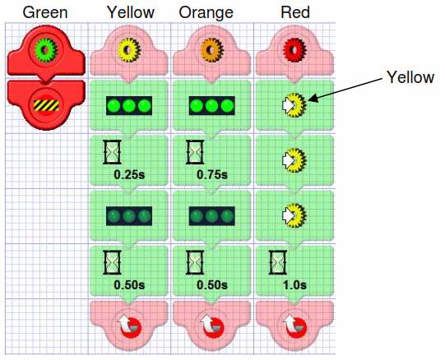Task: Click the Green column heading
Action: [x=45, y=13]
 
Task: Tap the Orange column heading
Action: [x=206, y=13]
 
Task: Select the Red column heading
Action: [x=295, y=13]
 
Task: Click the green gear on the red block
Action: [x=46, y=50]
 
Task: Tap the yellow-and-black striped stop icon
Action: [x=46, y=105]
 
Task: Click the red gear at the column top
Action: [x=294, y=49]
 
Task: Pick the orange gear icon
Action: [x=211, y=50]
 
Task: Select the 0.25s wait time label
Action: [x=129, y=174]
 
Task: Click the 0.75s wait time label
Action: [x=212, y=174]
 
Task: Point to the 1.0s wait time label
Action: [x=294, y=285]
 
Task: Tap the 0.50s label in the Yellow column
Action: [x=129, y=285]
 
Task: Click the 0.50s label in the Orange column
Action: [x=212, y=285]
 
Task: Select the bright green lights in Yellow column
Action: [x=129, y=105]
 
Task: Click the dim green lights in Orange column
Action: [x=212, y=216]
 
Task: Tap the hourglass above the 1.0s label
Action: [x=277, y=262]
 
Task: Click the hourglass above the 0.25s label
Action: [x=112, y=152]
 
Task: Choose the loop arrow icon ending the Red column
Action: [x=295, y=326]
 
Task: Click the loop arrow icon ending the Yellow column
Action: [x=129, y=326]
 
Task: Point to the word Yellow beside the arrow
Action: [x=410, y=78]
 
